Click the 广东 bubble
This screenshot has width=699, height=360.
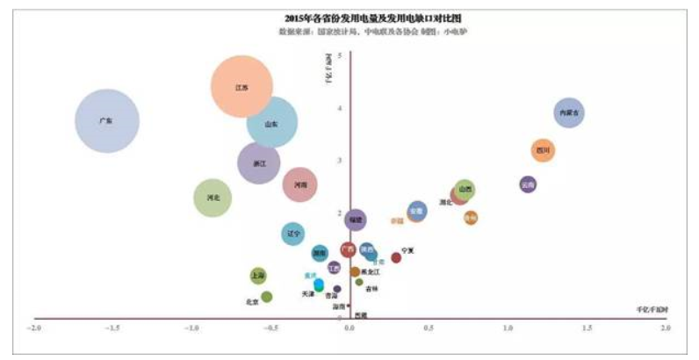[x=106, y=121]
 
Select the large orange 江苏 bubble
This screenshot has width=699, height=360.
[x=242, y=87]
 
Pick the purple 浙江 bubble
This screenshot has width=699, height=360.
[x=259, y=163]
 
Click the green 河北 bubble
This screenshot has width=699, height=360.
[x=213, y=198]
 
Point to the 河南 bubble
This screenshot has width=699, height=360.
[x=300, y=184]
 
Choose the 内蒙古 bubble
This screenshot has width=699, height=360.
[x=569, y=112]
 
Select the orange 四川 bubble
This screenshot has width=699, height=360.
[x=544, y=151]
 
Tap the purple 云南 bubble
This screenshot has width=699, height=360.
[x=527, y=184]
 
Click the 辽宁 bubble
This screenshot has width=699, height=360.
[x=294, y=234]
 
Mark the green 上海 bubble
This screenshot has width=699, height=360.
[x=257, y=275]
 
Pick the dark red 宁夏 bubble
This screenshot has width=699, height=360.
[x=396, y=258]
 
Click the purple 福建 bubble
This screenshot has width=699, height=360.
[x=355, y=220]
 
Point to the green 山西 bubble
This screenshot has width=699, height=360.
[x=465, y=189]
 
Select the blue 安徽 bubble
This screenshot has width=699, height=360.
[x=417, y=211]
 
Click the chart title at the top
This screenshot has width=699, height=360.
[x=349, y=17]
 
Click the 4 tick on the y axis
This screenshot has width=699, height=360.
[x=340, y=108]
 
